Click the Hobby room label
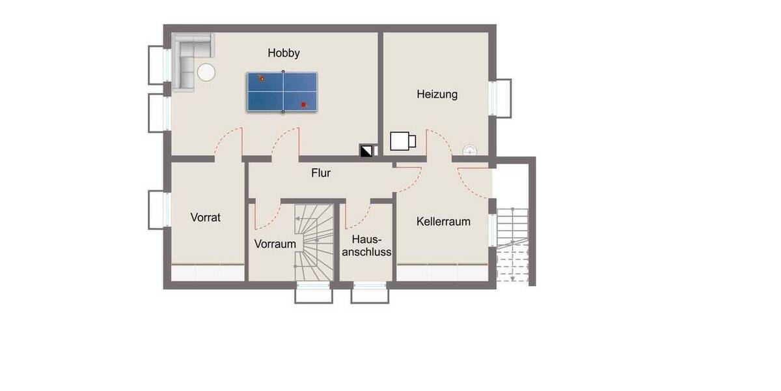(x=284, y=53)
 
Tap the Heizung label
(x=437, y=94)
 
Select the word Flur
(x=321, y=173)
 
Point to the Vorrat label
(x=206, y=218)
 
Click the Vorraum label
(x=275, y=244)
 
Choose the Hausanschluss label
(x=368, y=246)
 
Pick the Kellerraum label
(x=443, y=222)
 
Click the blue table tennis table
(x=282, y=92)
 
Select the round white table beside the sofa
(x=207, y=72)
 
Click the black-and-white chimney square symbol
(x=366, y=151)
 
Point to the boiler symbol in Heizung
(x=402, y=141)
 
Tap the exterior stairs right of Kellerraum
(x=514, y=244)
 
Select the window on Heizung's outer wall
(x=500, y=98)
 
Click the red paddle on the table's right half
(x=303, y=104)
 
